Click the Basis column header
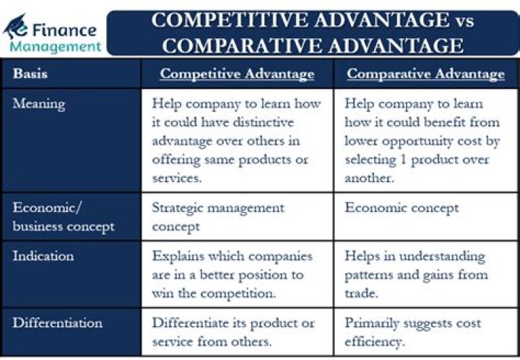pyautogui.click(x=30, y=73)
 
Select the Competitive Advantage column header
pyautogui.click(x=237, y=74)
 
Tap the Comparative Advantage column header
pyautogui.click(x=425, y=74)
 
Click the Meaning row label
pyautogui.click(x=39, y=103)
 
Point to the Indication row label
pyautogui.click(x=43, y=256)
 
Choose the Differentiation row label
pyautogui.click(x=58, y=322)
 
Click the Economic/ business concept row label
pyautogui.click(x=64, y=217)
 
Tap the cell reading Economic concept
pyautogui.click(x=402, y=208)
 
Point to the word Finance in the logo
pyautogui.click(x=64, y=30)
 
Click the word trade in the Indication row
pyautogui.click(x=361, y=293)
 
